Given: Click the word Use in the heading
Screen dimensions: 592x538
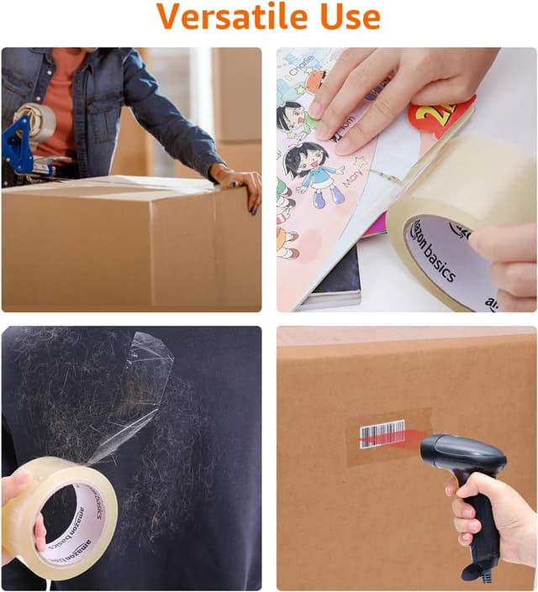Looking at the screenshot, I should (x=345, y=16).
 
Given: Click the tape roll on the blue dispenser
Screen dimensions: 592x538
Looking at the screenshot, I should (x=37, y=121).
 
